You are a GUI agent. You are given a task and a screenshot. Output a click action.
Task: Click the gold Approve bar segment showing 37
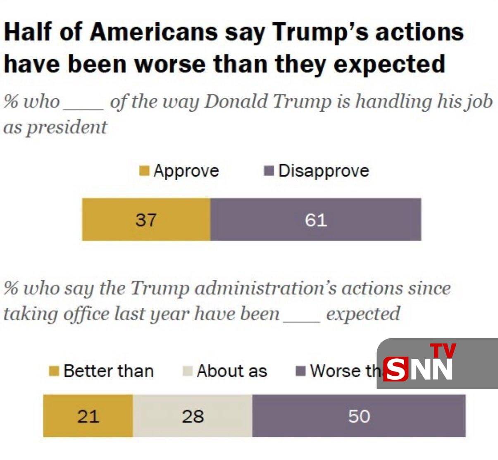[x=146, y=219]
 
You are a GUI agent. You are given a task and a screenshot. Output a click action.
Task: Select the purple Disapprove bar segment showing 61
[x=316, y=219]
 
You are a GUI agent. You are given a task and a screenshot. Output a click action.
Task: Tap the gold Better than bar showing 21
[x=88, y=416]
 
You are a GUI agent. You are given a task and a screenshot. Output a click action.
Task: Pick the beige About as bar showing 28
[x=193, y=416]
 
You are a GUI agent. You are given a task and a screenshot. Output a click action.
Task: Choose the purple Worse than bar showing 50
[x=359, y=416]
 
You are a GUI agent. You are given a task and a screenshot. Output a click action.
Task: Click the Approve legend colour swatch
[x=144, y=171]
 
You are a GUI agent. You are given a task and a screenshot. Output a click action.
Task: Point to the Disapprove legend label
[x=323, y=171]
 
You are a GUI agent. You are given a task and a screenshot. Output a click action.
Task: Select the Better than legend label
[x=109, y=371]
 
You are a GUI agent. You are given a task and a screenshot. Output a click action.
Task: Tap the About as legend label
[x=232, y=371]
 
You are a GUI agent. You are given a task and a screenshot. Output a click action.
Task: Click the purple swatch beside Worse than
[x=301, y=371]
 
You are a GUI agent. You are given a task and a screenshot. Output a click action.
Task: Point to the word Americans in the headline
[x=153, y=32]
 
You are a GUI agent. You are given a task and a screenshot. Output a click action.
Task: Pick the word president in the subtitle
[x=67, y=127]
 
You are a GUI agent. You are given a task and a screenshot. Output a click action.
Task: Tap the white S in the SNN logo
[x=396, y=369]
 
